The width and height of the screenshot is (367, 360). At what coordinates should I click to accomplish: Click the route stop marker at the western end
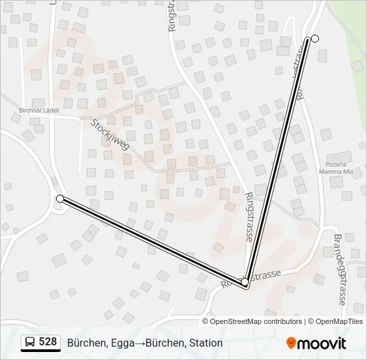60,199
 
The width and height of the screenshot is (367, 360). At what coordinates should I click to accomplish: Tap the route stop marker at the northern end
315,39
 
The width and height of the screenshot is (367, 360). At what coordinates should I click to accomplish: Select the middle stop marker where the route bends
246,283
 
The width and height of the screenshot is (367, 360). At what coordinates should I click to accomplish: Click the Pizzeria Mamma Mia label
336,167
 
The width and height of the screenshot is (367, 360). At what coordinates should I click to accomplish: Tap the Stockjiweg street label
110,135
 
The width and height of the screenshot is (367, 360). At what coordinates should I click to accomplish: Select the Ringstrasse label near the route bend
250,217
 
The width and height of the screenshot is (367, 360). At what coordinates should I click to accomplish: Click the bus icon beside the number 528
30,343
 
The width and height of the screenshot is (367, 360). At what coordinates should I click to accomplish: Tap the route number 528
48,343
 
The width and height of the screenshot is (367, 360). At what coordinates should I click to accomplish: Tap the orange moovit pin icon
291,343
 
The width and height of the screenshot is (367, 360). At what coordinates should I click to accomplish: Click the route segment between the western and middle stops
153,241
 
